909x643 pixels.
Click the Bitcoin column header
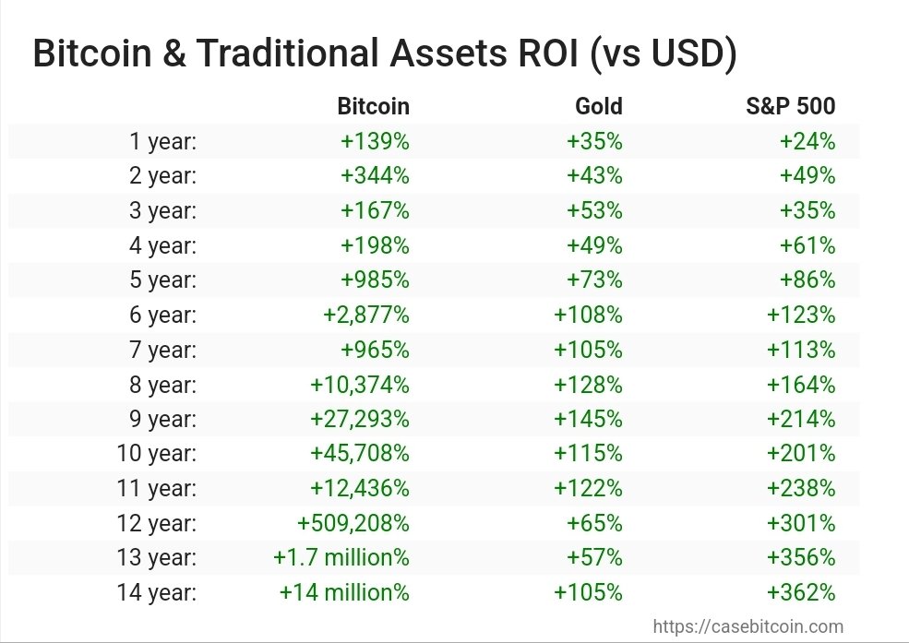(x=373, y=106)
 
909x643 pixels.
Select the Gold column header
(x=598, y=106)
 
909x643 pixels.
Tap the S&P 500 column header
(x=790, y=106)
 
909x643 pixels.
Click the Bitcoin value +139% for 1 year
(x=375, y=141)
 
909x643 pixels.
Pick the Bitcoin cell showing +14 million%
(x=343, y=592)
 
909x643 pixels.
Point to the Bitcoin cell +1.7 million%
(x=341, y=557)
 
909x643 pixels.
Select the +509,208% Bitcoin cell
(x=353, y=523)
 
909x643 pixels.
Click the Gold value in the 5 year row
(x=594, y=280)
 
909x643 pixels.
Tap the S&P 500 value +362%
(x=800, y=592)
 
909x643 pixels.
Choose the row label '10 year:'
(x=156, y=454)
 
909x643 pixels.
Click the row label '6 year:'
(x=162, y=315)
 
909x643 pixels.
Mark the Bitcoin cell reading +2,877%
(x=365, y=315)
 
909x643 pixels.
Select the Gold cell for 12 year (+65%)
(x=594, y=523)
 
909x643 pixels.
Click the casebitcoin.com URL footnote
(x=748, y=626)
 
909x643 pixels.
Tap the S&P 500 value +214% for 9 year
(x=800, y=419)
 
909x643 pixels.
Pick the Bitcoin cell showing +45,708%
(x=360, y=454)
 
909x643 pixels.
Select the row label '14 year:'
(x=156, y=592)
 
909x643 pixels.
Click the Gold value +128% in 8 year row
(x=588, y=384)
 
